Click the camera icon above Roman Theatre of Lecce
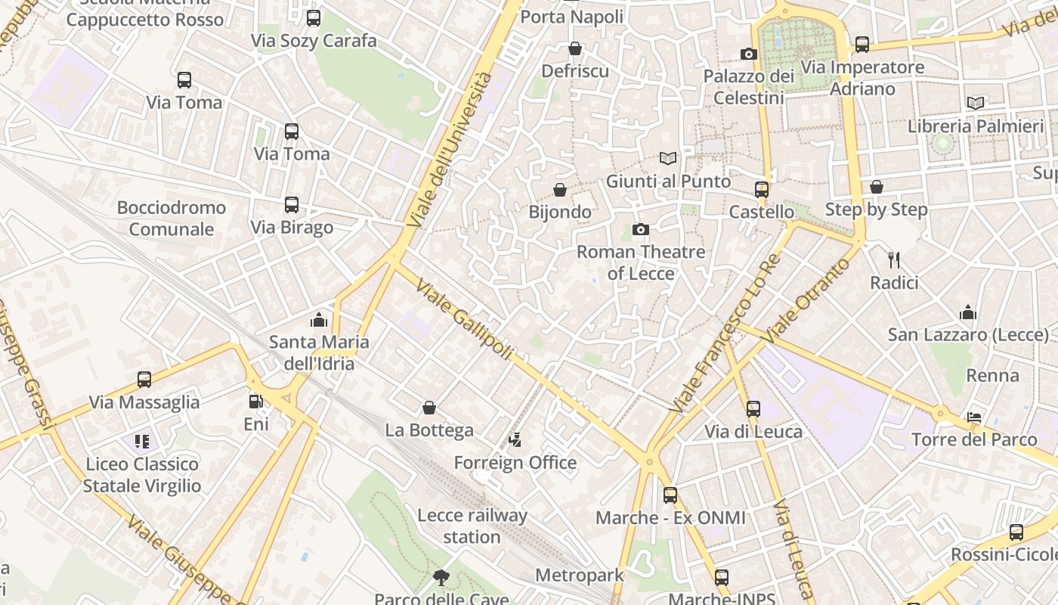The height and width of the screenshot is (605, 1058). (640, 229)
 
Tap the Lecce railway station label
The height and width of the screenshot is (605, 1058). (472, 526)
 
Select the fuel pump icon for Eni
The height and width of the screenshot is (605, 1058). (256, 402)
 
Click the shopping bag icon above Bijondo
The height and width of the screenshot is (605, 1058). (560, 190)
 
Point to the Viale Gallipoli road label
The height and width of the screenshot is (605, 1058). (465, 321)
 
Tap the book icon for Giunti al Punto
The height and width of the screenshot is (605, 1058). (667, 159)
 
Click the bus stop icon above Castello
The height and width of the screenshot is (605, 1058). (761, 190)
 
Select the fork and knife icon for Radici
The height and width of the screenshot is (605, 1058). (894, 260)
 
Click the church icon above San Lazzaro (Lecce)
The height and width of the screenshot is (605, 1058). (968, 312)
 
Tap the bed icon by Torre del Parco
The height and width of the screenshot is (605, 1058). (974, 417)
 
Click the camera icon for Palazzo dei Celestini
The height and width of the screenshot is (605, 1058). (748, 54)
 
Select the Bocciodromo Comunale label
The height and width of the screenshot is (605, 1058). (172, 218)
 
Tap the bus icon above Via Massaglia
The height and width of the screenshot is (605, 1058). (144, 380)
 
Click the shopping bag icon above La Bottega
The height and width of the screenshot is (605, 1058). (429, 408)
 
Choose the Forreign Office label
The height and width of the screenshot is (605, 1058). (515, 462)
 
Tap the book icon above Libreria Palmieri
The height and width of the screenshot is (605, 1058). (976, 104)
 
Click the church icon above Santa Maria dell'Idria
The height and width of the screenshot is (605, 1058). (319, 320)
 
